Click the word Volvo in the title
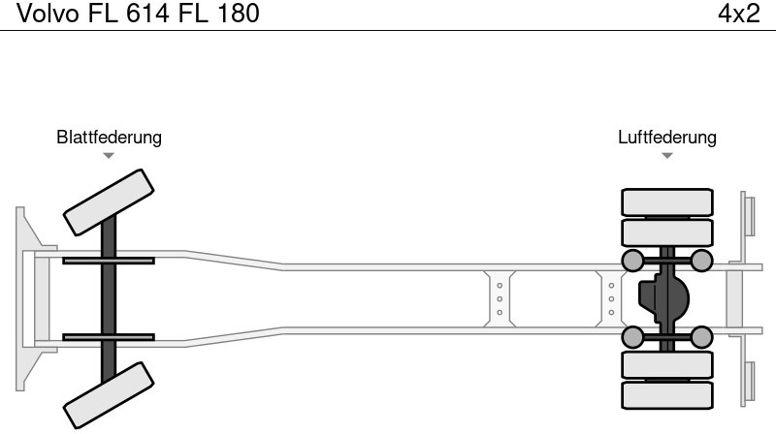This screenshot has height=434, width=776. (48, 14)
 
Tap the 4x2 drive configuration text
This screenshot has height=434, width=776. (739, 14)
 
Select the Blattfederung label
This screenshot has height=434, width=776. (109, 137)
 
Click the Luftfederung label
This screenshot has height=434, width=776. (667, 137)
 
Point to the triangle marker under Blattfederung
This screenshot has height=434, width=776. (109, 156)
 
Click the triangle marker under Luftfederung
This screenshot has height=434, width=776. (667, 156)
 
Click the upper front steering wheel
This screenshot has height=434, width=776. (109, 202)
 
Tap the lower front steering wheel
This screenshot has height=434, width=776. (109, 395)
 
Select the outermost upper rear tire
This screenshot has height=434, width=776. (667, 202)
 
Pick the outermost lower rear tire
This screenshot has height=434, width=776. (667, 395)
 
